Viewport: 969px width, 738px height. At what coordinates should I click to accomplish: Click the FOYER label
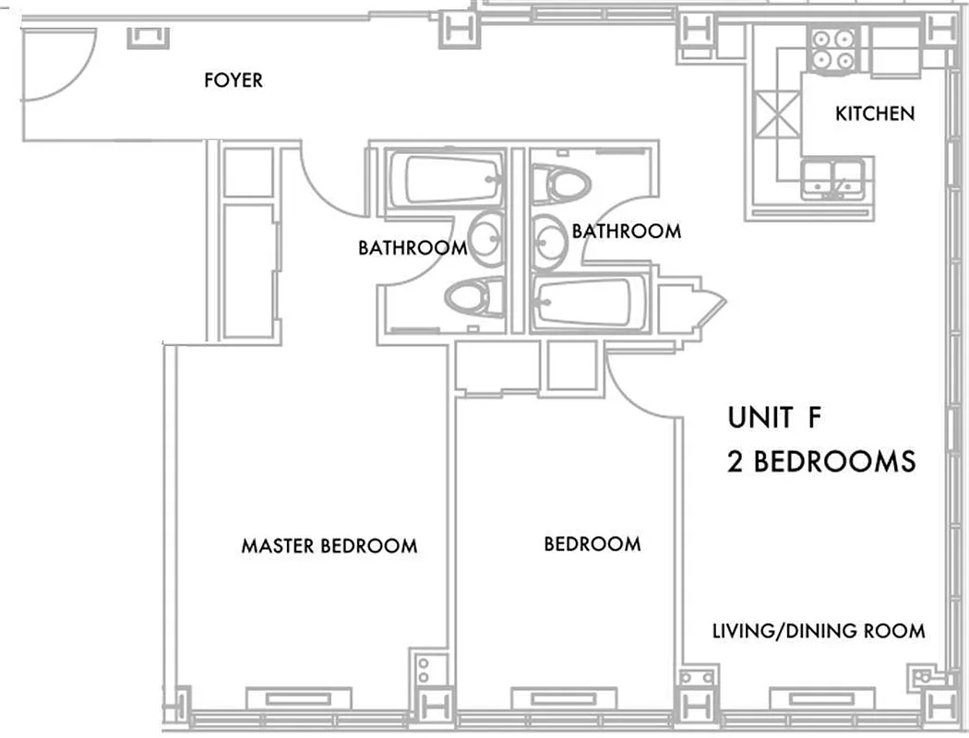click(x=233, y=80)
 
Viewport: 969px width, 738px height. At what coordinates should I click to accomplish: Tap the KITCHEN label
click(x=874, y=113)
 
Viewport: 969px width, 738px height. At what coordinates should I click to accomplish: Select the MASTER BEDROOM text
click(x=329, y=546)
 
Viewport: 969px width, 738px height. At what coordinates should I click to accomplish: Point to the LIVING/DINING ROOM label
click(x=818, y=632)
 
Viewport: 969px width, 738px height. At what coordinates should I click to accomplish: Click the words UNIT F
click(x=773, y=418)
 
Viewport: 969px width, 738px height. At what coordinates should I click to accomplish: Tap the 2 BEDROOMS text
click(x=821, y=461)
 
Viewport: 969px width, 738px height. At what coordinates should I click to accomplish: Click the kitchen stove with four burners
click(x=833, y=49)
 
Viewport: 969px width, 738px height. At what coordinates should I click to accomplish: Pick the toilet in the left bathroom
click(x=473, y=298)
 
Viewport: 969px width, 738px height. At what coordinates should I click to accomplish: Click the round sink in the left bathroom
click(x=486, y=236)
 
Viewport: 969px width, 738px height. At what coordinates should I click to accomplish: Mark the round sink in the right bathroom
click(x=550, y=238)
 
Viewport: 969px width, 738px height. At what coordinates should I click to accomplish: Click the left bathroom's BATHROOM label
click(x=412, y=247)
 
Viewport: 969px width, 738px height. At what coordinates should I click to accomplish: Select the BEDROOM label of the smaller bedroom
click(x=592, y=544)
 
